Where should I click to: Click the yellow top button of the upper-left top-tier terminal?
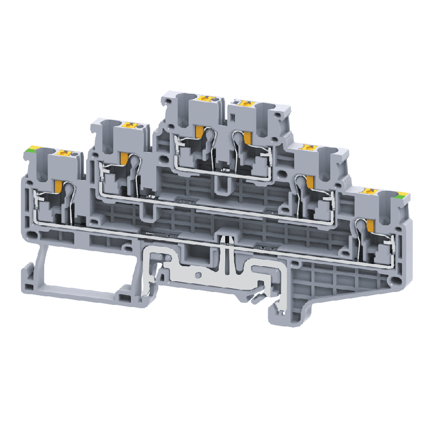click(205, 99)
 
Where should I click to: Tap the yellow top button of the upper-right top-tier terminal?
click(245, 102)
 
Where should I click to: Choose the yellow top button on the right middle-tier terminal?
click(309, 147)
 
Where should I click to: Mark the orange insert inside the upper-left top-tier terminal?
click(199, 133)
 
